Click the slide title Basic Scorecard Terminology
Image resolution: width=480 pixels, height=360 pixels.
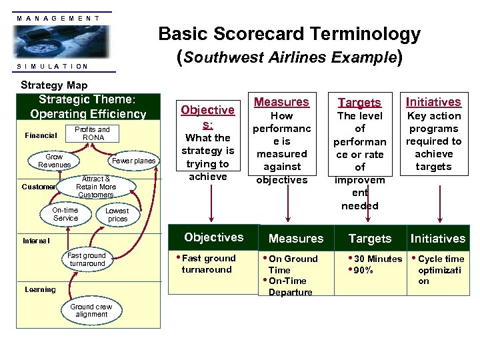[289, 34]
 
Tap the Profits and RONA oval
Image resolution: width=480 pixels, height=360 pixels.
[92, 133]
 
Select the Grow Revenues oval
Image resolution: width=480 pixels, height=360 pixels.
[54, 161]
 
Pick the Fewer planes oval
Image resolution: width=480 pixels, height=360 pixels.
[133, 161]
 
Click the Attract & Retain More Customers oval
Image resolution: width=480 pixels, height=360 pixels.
[96, 187]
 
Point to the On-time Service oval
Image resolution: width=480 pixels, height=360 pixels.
[65, 214]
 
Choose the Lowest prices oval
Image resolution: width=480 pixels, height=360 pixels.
[117, 215]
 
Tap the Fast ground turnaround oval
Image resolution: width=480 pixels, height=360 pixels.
[87, 259]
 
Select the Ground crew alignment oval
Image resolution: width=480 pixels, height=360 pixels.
[91, 310]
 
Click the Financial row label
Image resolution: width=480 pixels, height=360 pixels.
[41, 135]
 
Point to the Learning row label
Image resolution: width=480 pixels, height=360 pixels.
[40, 289]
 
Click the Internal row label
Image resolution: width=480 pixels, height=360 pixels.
[36, 240]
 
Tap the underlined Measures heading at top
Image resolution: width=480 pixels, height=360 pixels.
[282, 102]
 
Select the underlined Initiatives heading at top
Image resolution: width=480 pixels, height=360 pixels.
[433, 102]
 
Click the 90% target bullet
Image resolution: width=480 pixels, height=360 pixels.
[363, 270]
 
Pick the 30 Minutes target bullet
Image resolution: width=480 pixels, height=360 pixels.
[377, 259]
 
